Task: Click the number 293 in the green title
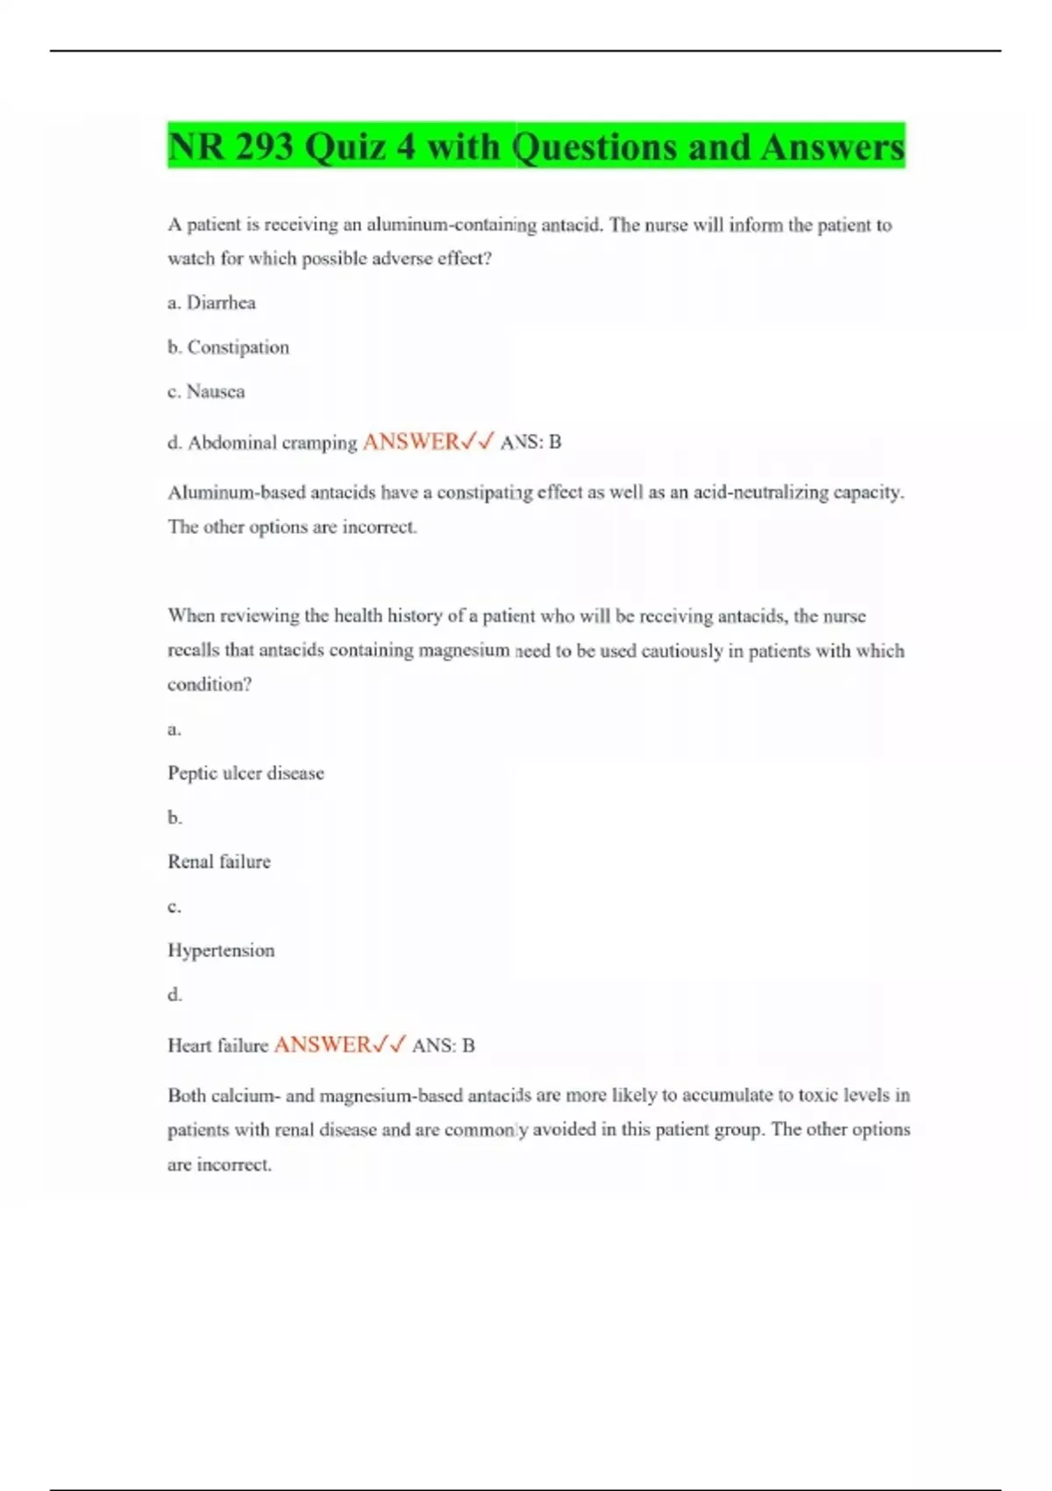(264, 146)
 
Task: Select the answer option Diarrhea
(221, 303)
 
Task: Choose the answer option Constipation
(238, 347)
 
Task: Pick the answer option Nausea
(216, 391)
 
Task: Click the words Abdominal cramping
(272, 443)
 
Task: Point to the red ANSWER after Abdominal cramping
(410, 442)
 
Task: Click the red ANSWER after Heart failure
(322, 1045)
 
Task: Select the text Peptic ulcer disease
(245, 773)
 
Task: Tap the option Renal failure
(219, 861)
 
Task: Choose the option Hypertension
(221, 950)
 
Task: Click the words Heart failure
(217, 1045)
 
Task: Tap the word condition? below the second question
(210, 684)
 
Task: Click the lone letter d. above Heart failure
(174, 994)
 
